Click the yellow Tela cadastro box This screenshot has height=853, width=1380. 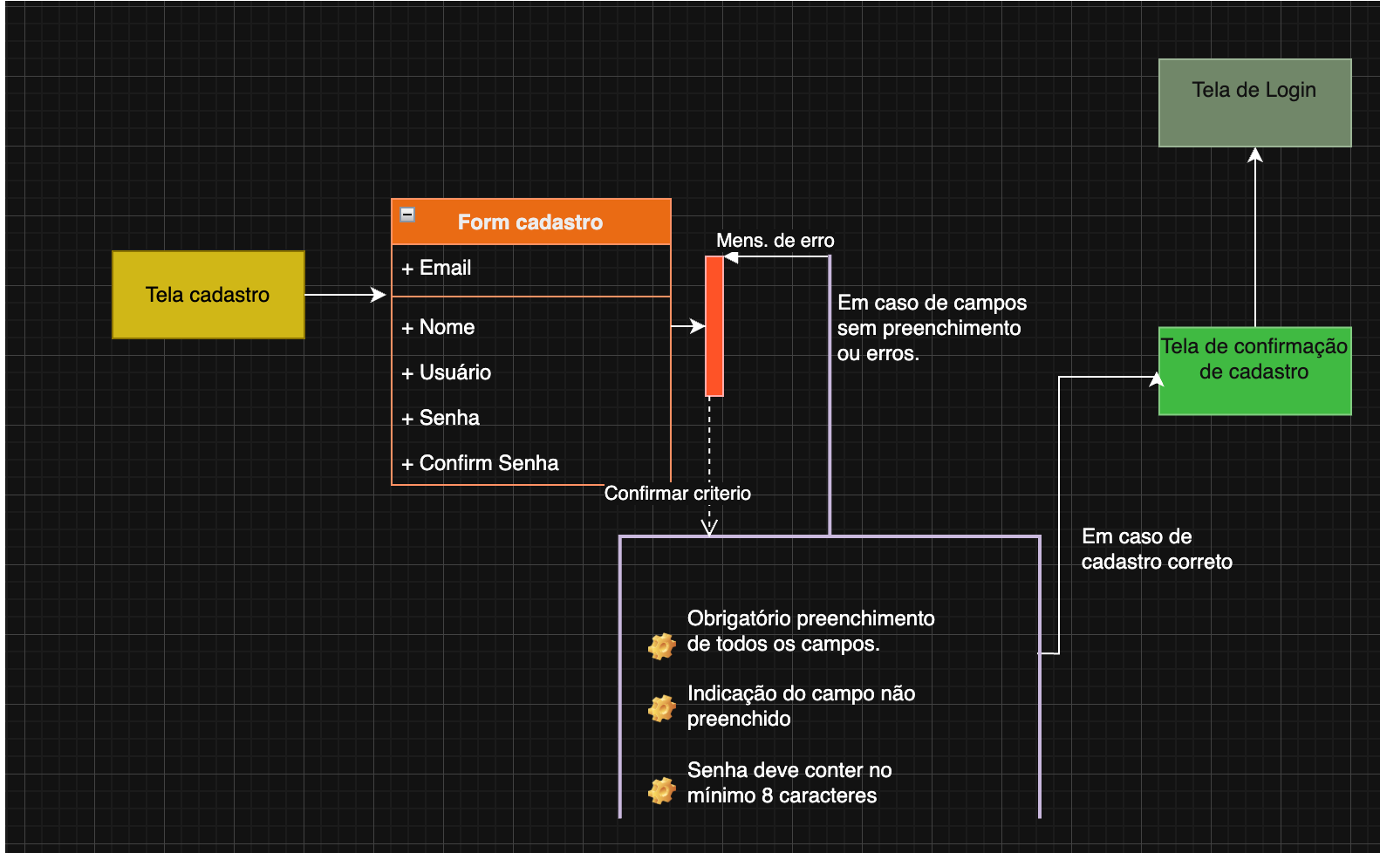[208, 295]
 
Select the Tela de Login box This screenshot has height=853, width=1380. [1254, 103]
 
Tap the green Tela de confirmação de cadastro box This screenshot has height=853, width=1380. [1254, 371]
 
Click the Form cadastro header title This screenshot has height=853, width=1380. [530, 222]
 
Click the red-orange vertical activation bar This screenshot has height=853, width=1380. [714, 326]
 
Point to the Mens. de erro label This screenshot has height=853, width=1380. [775, 241]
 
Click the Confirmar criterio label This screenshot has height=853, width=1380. [677, 494]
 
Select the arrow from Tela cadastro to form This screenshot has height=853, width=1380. [345, 295]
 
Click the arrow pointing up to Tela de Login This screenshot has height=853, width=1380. [1255, 235]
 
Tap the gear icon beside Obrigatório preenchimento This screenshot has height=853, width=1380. [662, 645]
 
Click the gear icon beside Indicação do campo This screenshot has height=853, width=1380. [662, 707]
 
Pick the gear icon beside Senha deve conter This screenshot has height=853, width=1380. [662, 790]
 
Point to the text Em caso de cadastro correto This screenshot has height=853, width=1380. [1156, 549]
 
